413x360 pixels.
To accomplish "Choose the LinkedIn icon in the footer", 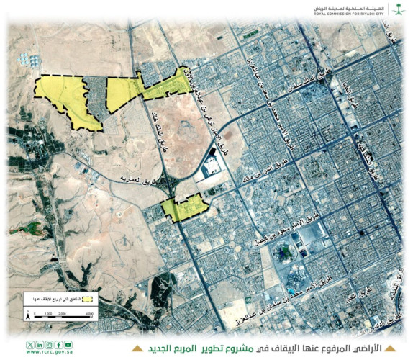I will coord(40,343).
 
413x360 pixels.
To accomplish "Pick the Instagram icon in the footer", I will coord(49,343).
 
